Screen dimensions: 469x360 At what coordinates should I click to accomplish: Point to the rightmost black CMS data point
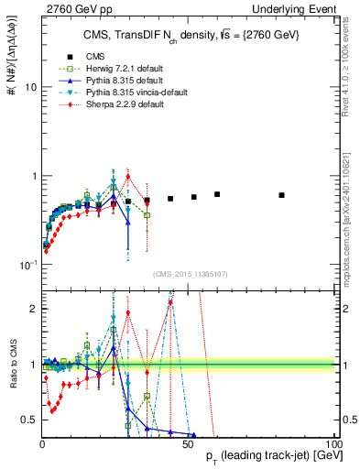coord(282,195)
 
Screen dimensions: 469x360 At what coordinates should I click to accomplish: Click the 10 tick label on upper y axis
coord(29,88)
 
